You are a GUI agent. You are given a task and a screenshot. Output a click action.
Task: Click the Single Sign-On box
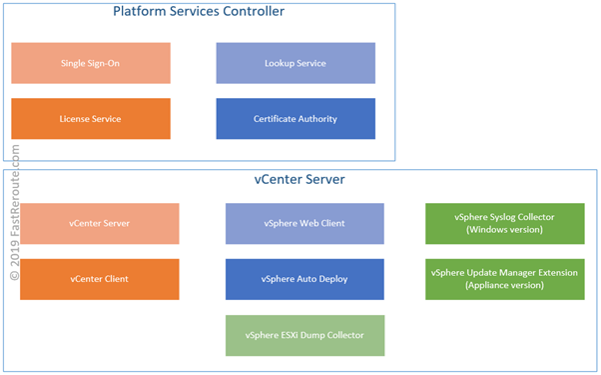(90, 63)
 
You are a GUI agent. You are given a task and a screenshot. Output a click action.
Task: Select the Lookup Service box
(296, 63)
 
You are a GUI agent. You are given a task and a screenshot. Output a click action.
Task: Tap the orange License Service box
(90, 118)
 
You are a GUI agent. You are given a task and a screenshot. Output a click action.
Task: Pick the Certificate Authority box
(296, 118)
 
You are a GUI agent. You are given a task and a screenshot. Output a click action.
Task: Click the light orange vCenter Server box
(100, 223)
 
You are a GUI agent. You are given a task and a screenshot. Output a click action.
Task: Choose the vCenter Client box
(100, 278)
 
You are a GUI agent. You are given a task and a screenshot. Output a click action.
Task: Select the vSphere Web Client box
(304, 223)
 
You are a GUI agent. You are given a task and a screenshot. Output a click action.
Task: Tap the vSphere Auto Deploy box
(304, 278)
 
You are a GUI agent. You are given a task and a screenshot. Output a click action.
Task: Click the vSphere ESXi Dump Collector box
(304, 335)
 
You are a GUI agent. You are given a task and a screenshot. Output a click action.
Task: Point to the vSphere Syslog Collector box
(504, 223)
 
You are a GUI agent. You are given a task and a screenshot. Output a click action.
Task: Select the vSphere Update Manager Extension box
(504, 278)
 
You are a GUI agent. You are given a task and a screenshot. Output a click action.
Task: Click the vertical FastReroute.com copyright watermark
(14, 211)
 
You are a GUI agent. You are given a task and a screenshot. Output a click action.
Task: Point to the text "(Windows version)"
(505, 230)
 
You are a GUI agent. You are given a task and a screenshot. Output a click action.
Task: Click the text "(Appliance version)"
(505, 285)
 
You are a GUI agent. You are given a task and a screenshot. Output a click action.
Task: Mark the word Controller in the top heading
(249, 13)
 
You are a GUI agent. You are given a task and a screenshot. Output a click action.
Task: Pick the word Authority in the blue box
(316, 118)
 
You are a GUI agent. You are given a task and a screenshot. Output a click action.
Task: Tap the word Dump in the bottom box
(314, 335)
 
